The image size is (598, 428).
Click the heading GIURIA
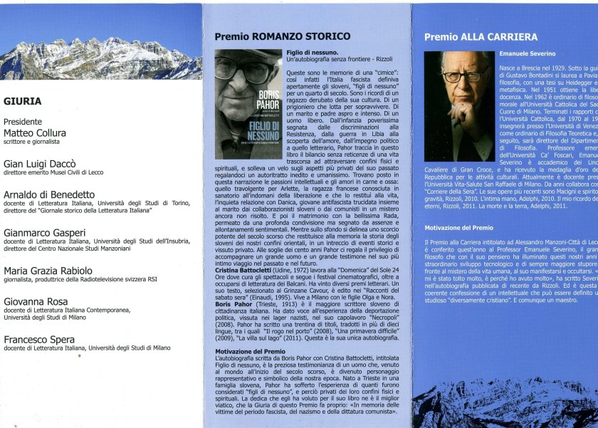(22, 101)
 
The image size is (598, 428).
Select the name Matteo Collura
(35, 132)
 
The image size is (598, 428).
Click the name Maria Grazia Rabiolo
(48, 271)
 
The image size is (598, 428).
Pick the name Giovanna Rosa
(36, 301)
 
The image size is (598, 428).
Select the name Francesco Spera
(39, 340)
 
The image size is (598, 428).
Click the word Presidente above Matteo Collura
(23, 122)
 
